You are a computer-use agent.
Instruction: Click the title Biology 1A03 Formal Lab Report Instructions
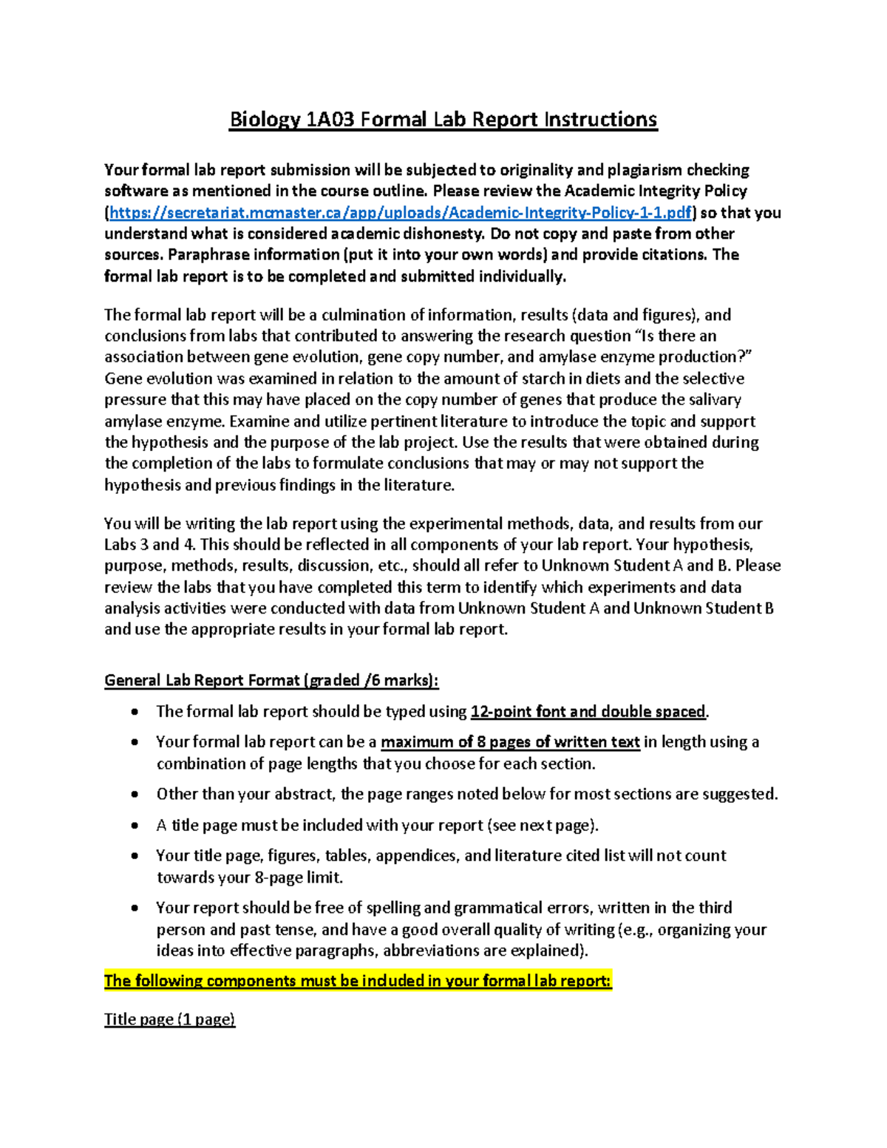443,120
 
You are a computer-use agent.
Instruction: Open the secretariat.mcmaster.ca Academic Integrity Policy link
400,213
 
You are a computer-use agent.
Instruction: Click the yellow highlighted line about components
358,981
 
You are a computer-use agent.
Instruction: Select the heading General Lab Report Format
271,680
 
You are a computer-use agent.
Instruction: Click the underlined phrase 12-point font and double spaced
588,712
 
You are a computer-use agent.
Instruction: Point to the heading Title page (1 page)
169,1019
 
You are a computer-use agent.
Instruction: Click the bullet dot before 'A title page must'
135,826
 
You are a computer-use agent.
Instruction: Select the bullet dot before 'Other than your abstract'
135,795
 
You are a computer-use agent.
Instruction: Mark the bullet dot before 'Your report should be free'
135,908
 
